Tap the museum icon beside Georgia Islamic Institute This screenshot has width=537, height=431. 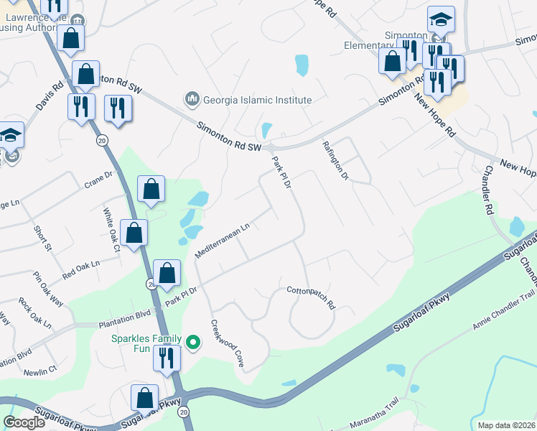click(192, 98)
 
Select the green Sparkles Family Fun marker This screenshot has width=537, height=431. click(192, 343)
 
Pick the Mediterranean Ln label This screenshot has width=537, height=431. click(222, 241)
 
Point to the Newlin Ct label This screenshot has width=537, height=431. click(39, 371)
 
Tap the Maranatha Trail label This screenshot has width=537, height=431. click(374, 423)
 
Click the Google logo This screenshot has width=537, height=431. click(24, 422)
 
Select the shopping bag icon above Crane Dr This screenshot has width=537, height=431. click(151, 190)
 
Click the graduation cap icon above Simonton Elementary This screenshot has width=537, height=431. click(441, 19)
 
